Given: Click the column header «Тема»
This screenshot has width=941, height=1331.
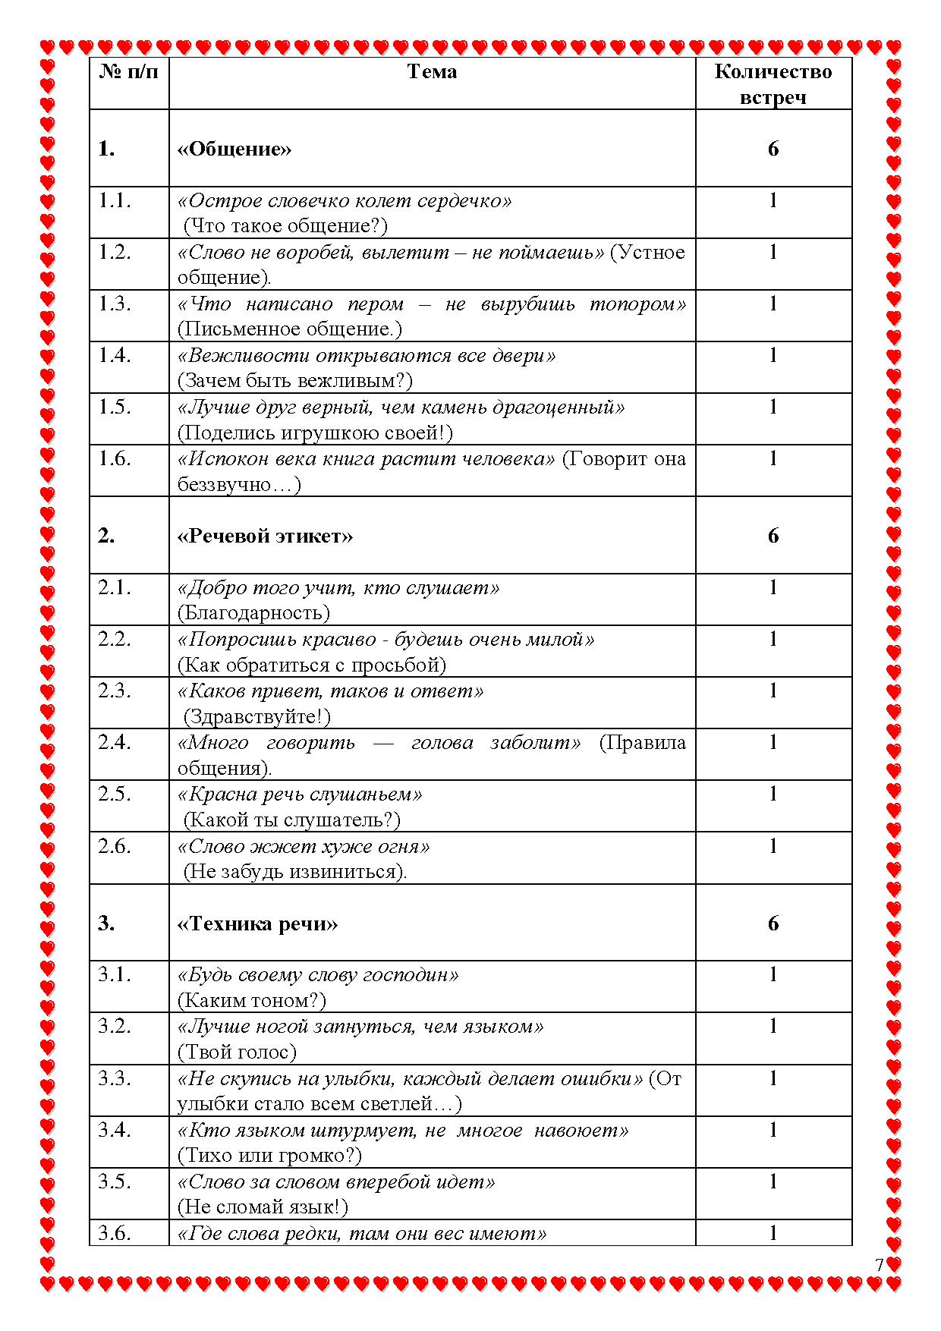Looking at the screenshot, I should coord(432,72).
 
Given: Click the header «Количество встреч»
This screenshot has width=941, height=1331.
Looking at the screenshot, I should coord(773,84).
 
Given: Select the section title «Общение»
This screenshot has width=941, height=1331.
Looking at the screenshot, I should coord(234,149).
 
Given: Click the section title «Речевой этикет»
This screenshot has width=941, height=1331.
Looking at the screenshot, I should coord(265,536).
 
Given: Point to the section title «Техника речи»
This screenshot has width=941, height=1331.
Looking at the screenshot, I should coord(257,924).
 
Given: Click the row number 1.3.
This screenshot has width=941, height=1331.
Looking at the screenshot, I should coord(114,304).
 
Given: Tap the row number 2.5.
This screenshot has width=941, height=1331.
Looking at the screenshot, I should coord(114,795).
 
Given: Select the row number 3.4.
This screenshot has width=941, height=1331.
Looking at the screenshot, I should coord(114,1130).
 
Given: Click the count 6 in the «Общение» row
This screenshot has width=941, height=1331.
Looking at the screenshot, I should coord(773,149).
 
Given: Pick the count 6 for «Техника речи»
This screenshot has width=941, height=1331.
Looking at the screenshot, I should coord(773,924).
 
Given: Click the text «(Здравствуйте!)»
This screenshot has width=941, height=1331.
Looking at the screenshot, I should coord(257,716).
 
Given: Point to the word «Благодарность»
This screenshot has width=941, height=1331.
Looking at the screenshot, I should coord(254,613).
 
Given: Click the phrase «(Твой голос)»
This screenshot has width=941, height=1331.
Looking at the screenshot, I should coord(237,1053).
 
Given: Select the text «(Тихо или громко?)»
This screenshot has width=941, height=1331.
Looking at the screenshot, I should coord(269,1156).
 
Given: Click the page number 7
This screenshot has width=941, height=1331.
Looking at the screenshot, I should coord(879,1265).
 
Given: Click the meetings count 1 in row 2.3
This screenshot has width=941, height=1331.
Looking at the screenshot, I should coord(773,691).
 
